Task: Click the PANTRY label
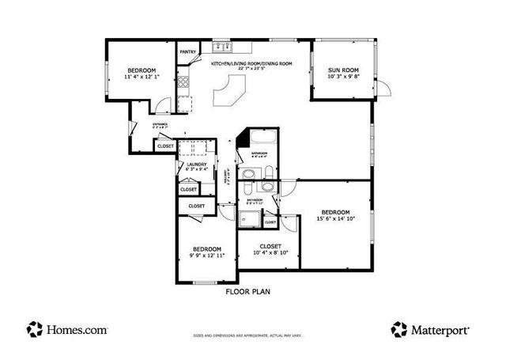point(188,52)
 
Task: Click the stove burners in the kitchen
point(183,81)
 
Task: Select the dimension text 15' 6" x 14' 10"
point(335,218)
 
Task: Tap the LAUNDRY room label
point(196,165)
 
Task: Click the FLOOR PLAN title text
point(249,291)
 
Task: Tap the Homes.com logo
point(66,328)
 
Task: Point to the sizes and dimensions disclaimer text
point(248,335)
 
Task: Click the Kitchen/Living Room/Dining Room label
point(251,63)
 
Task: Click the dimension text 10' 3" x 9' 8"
point(343,77)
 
